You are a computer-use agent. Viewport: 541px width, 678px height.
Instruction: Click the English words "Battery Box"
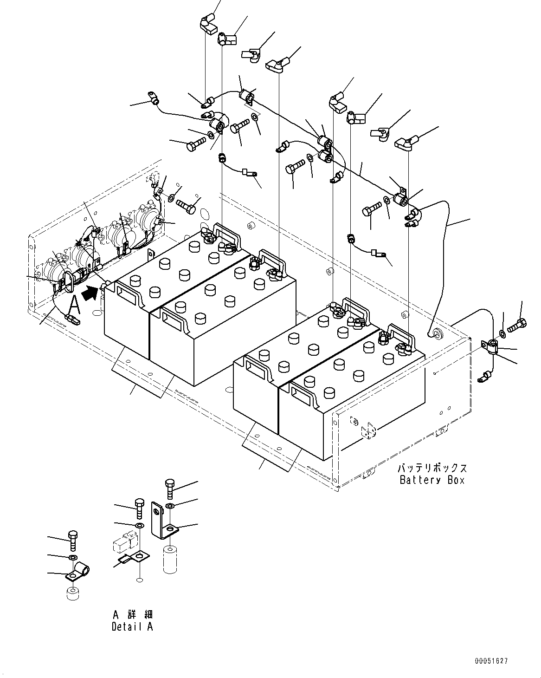point(432,480)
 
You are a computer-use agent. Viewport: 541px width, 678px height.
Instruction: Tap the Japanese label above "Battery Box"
point(432,468)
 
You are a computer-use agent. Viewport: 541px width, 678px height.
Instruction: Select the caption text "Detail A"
point(132,626)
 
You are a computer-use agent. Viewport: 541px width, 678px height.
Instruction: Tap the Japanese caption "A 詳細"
point(132,614)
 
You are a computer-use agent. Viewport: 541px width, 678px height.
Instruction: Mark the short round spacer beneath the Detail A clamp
point(72,595)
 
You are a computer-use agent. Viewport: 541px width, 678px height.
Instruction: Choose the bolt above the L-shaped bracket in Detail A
point(169,487)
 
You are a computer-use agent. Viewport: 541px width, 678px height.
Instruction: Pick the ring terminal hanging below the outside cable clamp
point(484,377)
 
